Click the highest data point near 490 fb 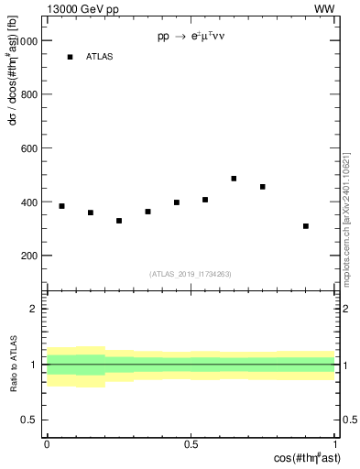tap(234, 179)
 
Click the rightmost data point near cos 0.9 tap(306, 226)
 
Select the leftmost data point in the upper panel tap(61, 206)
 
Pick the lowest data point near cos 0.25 tap(119, 221)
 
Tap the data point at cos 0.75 tap(263, 187)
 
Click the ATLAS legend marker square tap(70, 57)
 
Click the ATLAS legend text tap(100, 57)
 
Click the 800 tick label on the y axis tap(30, 94)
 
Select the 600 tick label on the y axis tap(30, 148)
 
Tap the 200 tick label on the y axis tap(30, 256)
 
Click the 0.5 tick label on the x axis tap(191, 444)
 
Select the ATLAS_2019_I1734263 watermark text tap(191, 273)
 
